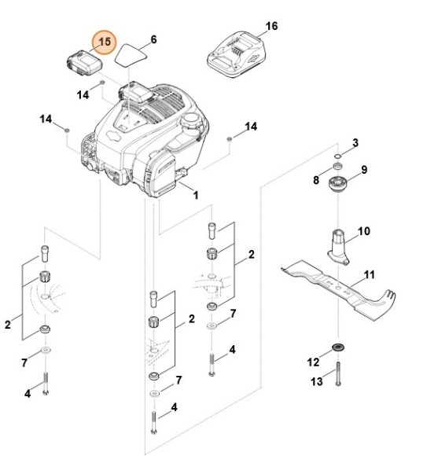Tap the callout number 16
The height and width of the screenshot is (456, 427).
[x=271, y=26]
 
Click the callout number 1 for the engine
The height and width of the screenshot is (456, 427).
[x=195, y=193]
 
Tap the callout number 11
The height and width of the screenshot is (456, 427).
[x=370, y=276]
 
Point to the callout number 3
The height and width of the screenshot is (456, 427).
[x=355, y=142]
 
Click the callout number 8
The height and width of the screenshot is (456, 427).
[x=316, y=181]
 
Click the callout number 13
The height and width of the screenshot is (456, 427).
[x=317, y=381]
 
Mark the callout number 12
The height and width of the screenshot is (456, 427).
[x=313, y=361]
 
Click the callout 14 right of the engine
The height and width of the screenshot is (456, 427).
[x=251, y=126]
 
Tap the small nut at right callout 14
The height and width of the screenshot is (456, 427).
[x=230, y=138]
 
